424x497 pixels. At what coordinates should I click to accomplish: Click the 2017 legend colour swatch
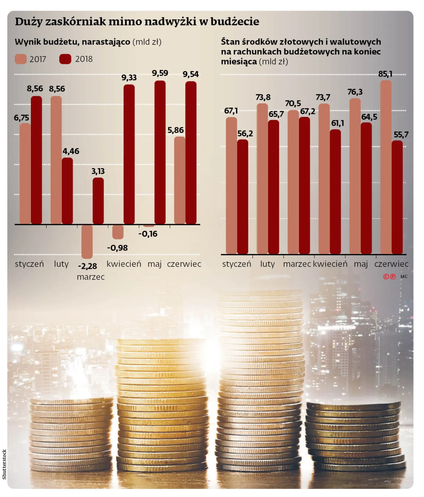click(x=21, y=59)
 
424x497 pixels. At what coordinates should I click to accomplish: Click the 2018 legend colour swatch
click(x=65, y=59)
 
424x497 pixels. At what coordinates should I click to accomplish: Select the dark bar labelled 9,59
click(x=160, y=152)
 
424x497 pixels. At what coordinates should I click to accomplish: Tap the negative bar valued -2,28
click(x=87, y=242)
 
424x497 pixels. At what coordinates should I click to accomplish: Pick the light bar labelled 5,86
click(x=180, y=181)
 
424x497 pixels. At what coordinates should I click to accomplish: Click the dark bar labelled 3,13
click(x=98, y=201)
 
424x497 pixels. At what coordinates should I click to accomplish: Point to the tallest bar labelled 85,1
click(x=386, y=167)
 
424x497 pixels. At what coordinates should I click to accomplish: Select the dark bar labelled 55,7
click(x=397, y=197)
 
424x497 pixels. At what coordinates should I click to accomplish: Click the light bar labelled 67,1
click(x=231, y=186)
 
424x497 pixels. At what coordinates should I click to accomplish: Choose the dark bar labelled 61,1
click(x=335, y=192)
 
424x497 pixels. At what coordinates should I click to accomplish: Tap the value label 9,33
click(x=129, y=78)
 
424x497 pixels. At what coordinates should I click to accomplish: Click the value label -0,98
click(x=117, y=248)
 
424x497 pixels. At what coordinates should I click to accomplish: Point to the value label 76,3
click(x=355, y=92)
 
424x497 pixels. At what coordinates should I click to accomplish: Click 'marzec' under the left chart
click(x=91, y=277)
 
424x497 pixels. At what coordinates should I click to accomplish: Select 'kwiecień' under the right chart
click(x=330, y=264)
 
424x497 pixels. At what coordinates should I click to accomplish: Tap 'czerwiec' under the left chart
click(x=184, y=264)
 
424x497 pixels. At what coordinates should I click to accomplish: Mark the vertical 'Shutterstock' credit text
click(x=4, y=464)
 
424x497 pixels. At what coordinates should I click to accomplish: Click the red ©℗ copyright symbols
click(x=389, y=277)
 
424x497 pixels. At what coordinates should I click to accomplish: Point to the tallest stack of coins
click(x=260, y=379)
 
